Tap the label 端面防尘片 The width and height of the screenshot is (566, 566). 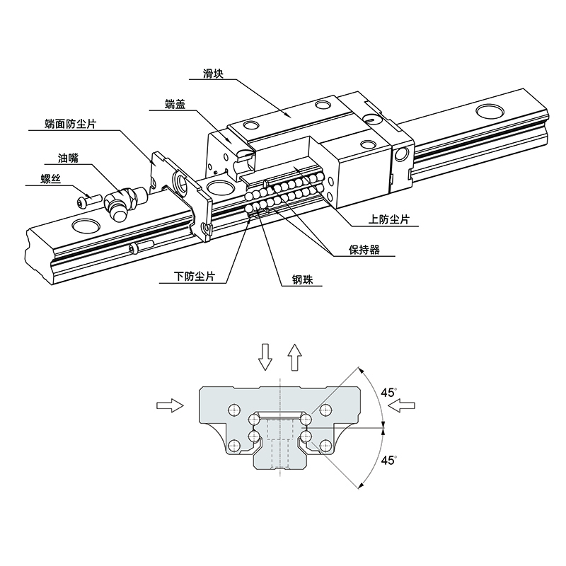coord(71,125)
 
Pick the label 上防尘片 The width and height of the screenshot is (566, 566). coord(389,219)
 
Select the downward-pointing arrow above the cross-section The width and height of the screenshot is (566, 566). coord(265,356)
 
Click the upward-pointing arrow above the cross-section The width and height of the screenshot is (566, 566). coord(294,356)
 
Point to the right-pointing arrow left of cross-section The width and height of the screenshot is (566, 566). coord(170,405)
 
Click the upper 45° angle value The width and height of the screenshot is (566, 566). coord(388,393)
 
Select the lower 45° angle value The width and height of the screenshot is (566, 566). coord(388,461)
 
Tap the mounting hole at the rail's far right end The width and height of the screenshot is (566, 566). coord(490,110)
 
